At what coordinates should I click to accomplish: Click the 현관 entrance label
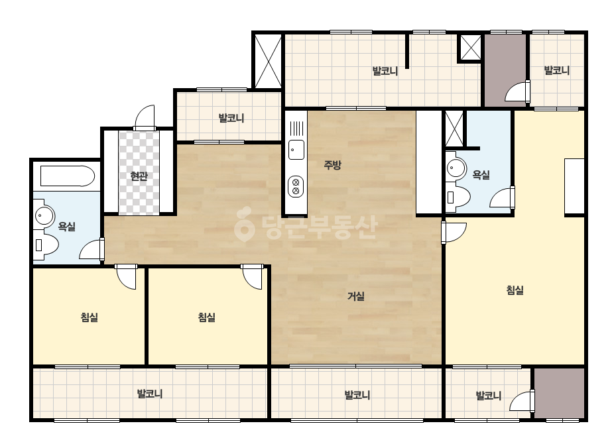click(139, 176)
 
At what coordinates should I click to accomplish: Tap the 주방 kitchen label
click(333, 165)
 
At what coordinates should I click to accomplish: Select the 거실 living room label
click(356, 296)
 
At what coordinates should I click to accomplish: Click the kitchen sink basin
click(296, 150)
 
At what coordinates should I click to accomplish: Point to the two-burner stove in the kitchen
click(296, 186)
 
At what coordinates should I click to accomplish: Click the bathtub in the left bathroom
click(68, 176)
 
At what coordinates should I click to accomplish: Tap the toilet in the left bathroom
click(45, 245)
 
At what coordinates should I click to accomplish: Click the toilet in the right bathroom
click(458, 197)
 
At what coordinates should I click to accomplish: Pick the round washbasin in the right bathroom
click(456, 168)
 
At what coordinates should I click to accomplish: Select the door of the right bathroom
click(502, 197)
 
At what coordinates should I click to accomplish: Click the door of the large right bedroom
click(454, 233)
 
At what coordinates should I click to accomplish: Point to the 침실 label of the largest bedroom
click(515, 290)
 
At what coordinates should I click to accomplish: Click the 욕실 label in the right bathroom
click(481, 174)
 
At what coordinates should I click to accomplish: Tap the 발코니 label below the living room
click(357, 395)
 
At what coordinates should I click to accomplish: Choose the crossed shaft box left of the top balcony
click(268, 61)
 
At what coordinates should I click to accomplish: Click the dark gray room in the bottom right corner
click(560, 393)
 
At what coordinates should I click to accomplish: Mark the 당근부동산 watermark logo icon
click(244, 225)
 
